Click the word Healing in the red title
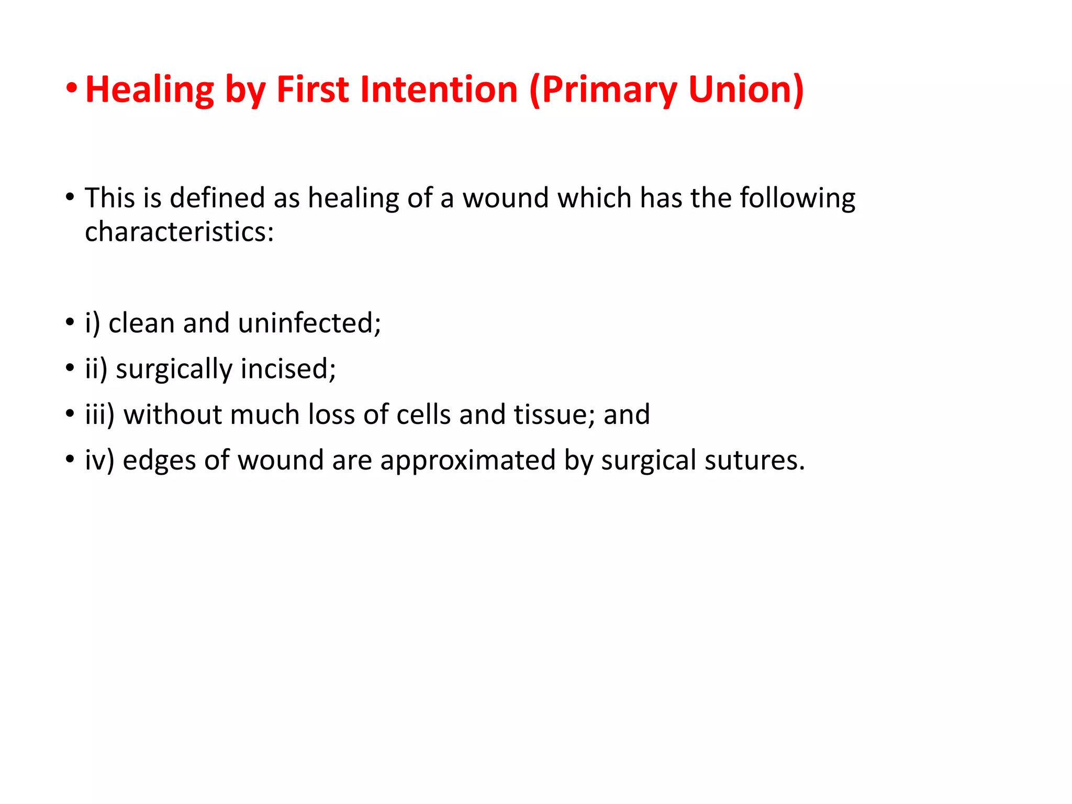[150, 90]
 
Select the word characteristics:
[180, 231]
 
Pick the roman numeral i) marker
[92, 323]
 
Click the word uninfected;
[309, 323]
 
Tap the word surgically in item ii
[174, 370]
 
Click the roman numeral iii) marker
[99, 415]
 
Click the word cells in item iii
[423, 415]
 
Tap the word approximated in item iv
[467, 461]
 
